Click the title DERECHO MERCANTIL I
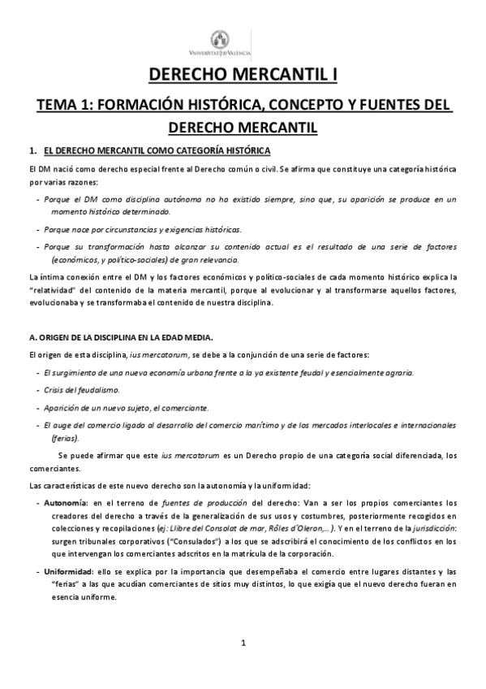click(243, 76)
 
